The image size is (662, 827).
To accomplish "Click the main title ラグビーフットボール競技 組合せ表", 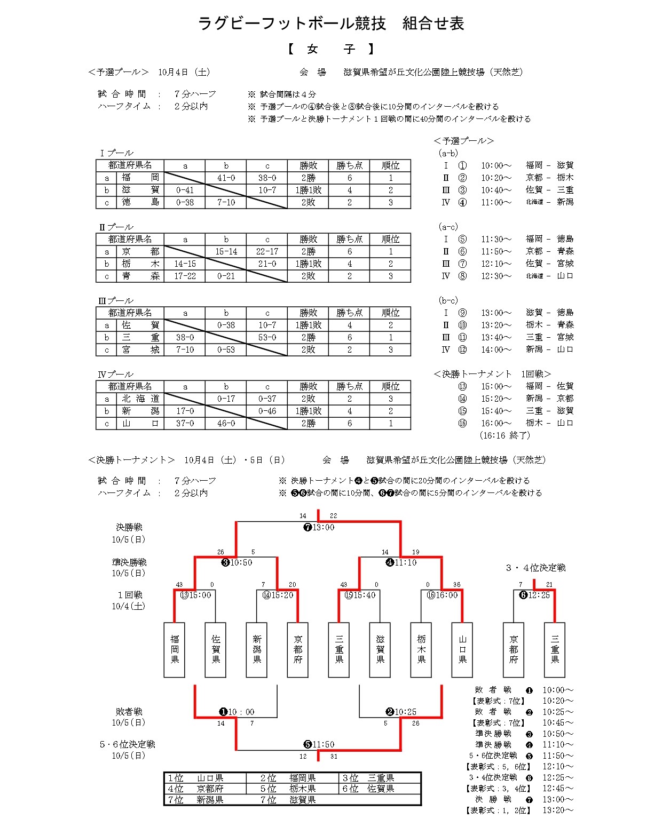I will pyautogui.click(x=331, y=23).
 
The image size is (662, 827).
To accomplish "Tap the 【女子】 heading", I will pyautogui.click(x=331, y=49).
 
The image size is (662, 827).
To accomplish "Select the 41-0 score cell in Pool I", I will pyautogui.click(x=226, y=178).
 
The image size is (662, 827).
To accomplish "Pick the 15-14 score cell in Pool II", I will pyautogui.click(x=226, y=251).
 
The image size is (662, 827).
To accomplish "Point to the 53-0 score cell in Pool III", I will pyautogui.click(x=267, y=337).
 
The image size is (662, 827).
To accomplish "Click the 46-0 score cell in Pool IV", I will pyautogui.click(x=226, y=423).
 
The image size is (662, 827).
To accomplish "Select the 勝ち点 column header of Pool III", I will pyautogui.click(x=349, y=313).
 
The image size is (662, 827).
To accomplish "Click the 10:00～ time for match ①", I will pyautogui.click(x=496, y=165).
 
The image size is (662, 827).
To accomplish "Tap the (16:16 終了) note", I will pyautogui.click(x=505, y=435).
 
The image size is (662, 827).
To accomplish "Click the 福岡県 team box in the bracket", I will pyautogui.click(x=175, y=649).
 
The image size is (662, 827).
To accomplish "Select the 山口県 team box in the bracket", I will pyautogui.click(x=462, y=649).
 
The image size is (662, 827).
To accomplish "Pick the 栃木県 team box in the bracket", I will pyautogui.click(x=421, y=649).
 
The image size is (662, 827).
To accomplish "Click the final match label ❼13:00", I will pyautogui.click(x=319, y=527).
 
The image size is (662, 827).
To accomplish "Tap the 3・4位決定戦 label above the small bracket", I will pyautogui.click(x=535, y=568).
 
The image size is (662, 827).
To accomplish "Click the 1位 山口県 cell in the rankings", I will pyautogui.click(x=204, y=778).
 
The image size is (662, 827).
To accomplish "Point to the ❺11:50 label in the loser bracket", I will pyautogui.click(x=319, y=744).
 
